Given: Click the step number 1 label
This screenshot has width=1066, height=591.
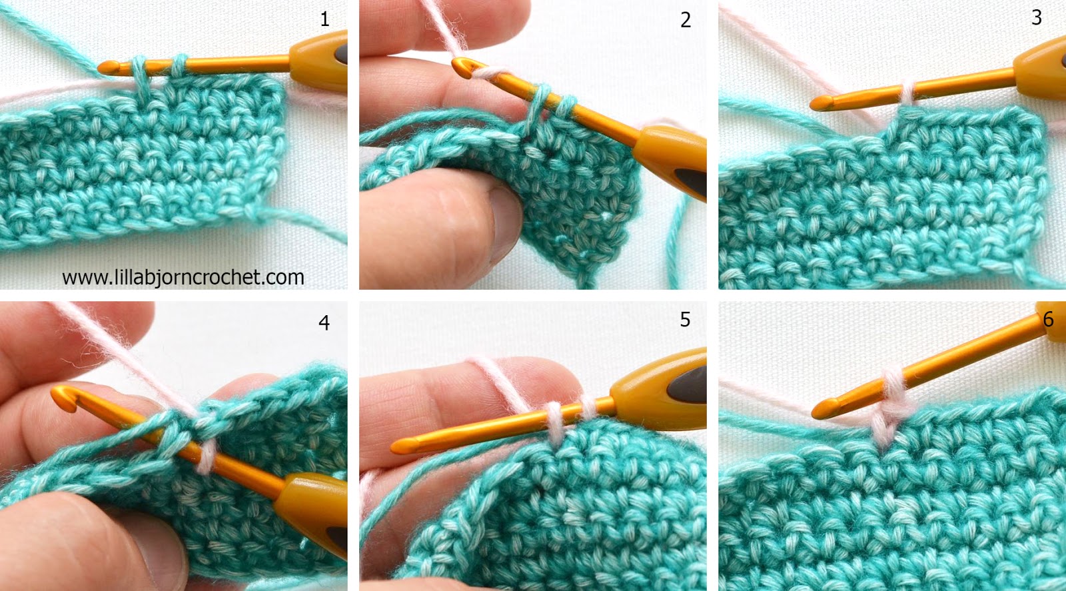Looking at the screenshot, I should pos(324,19).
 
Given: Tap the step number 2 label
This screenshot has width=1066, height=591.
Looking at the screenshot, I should pos(685,20).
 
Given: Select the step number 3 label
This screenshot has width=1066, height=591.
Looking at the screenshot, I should pos(1036,17).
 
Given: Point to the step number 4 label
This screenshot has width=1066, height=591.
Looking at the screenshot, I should pos(324,322).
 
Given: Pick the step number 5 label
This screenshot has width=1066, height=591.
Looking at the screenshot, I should pos(685,319).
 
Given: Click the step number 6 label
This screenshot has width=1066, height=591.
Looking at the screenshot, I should pos(1048,319).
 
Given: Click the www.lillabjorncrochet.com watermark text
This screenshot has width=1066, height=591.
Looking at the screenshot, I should pos(183,277).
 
